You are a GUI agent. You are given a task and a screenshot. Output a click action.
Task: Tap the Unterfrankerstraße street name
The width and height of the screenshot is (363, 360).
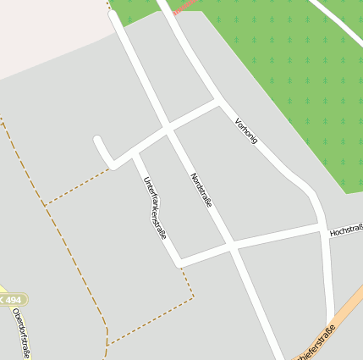point(154,208)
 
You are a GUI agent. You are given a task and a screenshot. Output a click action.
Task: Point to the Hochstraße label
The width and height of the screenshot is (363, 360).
point(345,230)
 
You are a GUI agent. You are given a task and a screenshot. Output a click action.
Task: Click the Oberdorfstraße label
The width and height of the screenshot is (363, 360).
point(20,332)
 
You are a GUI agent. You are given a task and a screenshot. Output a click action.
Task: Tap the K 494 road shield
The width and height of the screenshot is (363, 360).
point(11,300)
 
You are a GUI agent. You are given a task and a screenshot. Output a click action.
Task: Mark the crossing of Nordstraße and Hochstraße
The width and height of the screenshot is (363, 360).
point(231,246)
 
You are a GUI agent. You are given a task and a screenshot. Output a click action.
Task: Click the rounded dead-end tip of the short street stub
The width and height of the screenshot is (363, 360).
point(98,141)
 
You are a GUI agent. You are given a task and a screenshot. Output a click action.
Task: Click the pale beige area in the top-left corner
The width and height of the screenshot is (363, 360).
point(42,34)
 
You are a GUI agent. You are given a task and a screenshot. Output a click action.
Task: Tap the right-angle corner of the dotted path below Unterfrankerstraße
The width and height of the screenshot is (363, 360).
point(193,297)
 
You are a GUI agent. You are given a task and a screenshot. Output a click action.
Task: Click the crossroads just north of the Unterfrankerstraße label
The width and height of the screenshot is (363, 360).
point(168,131)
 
